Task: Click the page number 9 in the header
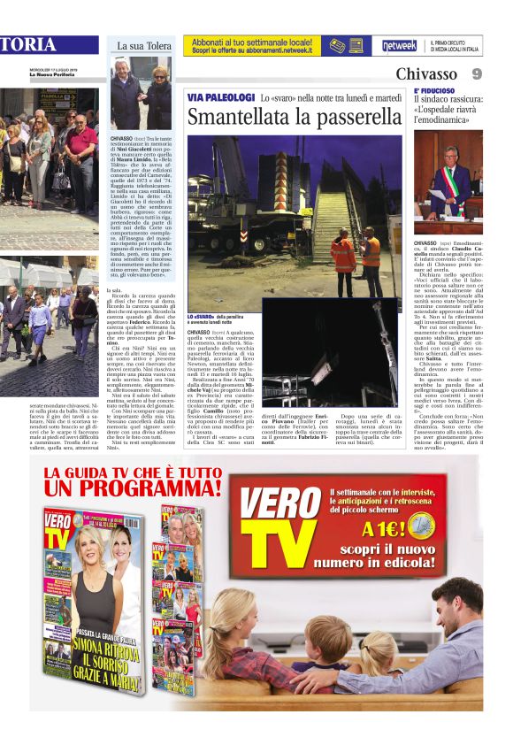476,74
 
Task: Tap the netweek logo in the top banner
400,45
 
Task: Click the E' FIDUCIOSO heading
434,91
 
